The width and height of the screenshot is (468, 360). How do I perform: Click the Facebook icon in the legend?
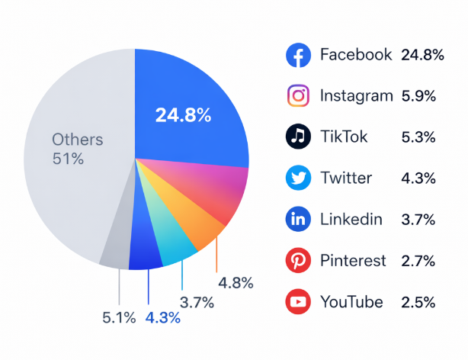tap(297, 55)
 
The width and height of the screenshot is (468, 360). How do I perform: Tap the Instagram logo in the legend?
tap(297, 96)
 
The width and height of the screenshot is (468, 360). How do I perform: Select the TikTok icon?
tap(297, 137)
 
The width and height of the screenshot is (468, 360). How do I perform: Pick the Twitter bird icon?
tap(297, 178)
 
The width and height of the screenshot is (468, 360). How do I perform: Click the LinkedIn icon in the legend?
tap(297, 220)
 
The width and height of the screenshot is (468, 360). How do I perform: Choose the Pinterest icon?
tap(297, 261)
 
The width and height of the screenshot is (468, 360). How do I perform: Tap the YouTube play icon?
tap(297, 302)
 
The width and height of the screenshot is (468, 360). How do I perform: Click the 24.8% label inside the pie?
tap(183, 116)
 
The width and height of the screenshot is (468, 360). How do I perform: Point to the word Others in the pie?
tap(78, 140)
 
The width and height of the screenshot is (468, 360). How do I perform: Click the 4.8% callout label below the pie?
tap(236, 283)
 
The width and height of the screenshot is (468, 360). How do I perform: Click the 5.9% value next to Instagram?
tap(418, 96)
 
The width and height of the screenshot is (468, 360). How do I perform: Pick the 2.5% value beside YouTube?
tap(418, 302)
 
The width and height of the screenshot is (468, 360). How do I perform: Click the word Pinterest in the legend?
tap(352, 261)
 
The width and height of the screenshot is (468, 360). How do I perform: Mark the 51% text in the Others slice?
tap(68, 159)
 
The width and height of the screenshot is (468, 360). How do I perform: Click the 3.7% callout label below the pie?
tap(197, 302)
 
